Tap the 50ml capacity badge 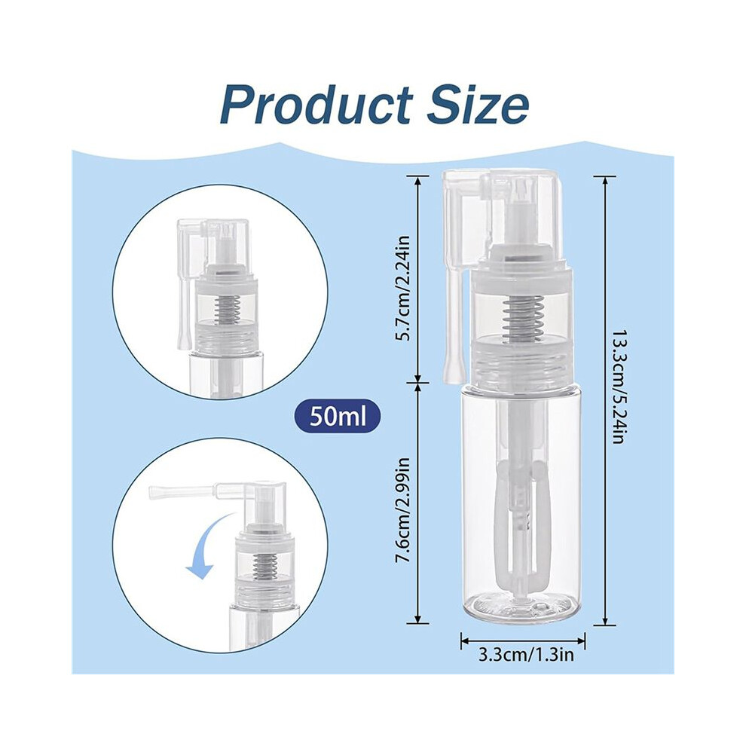(x=338, y=415)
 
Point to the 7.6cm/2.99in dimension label (x=403, y=511)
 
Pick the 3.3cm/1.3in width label (x=526, y=655)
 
